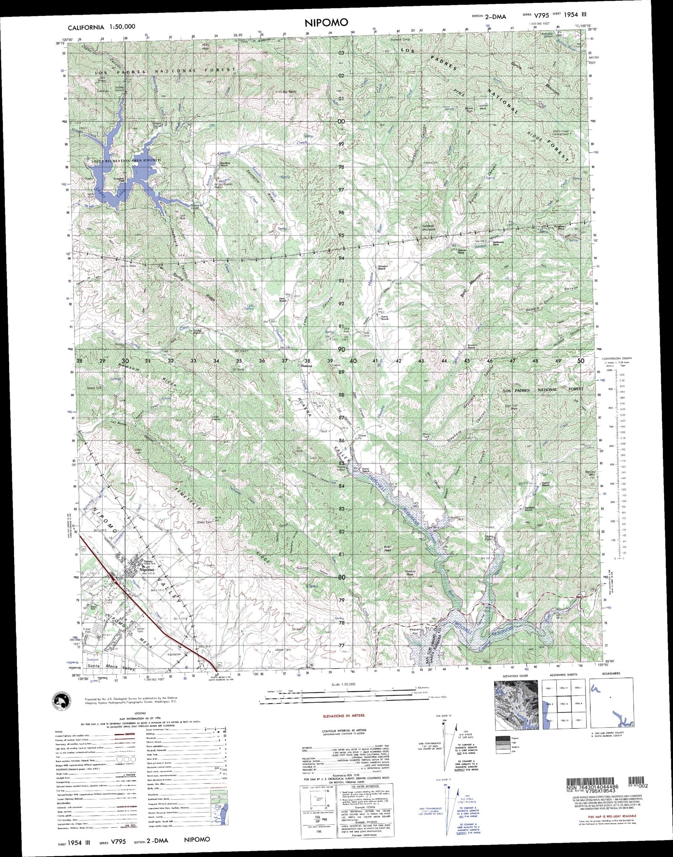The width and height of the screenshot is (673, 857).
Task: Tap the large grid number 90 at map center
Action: [x=341, y=349]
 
